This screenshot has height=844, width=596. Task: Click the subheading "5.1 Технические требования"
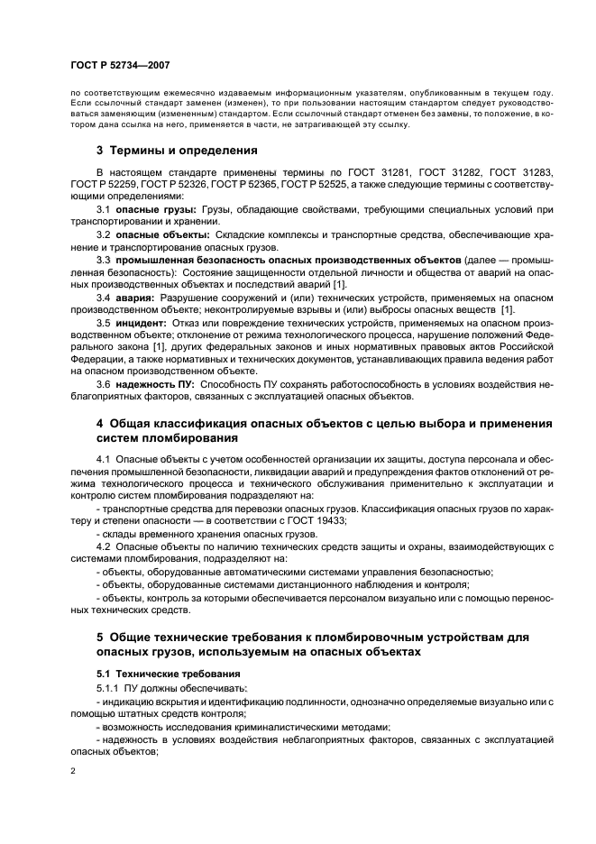tap(157, 673)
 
